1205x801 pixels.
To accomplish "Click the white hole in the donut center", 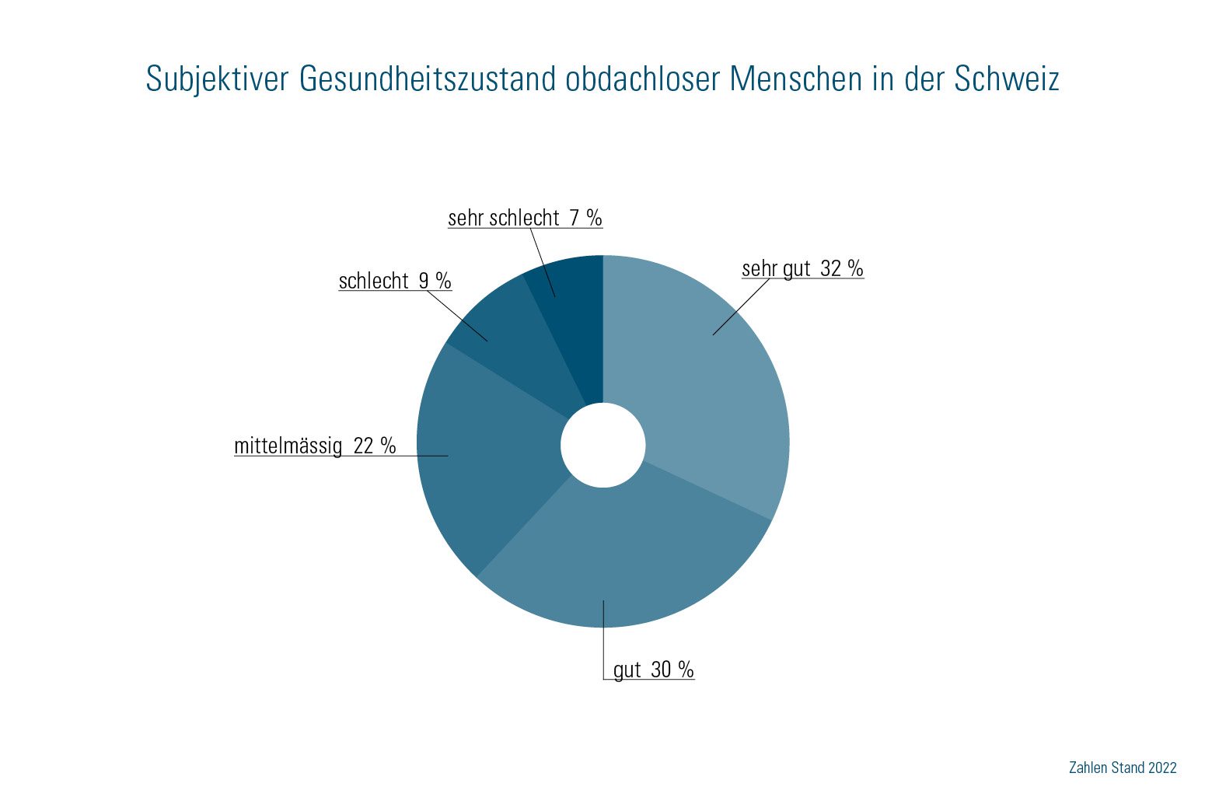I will [x=603, y=445].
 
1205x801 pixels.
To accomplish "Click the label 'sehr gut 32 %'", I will [x=802, y=268].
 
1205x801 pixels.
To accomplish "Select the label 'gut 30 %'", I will [x=653, y=670].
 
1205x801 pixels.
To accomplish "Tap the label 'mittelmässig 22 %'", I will [x=315, y=446].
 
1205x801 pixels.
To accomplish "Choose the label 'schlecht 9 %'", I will [x=395, y=281].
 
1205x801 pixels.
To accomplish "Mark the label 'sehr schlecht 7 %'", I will [x=525, y=218].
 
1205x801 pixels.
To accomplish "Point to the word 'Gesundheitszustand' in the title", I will [x=428, y=79].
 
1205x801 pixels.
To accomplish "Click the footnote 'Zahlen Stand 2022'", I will [x=1123, y=768].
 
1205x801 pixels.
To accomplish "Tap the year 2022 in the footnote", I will [x=1162, y=768].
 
